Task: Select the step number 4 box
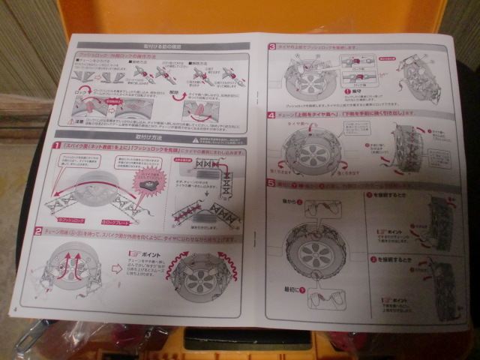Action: click(x=271, y=116)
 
